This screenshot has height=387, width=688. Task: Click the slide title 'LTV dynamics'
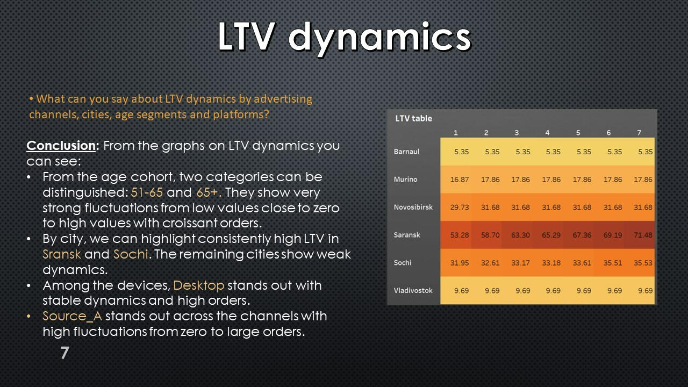(345, 38)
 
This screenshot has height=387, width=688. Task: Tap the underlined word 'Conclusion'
(61, 145)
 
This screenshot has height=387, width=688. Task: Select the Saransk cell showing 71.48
(643, 235)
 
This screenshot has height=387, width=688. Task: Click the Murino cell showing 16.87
(460, 180)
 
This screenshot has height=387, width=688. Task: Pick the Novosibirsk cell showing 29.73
(460, 207)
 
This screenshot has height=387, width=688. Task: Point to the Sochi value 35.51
(612, 263)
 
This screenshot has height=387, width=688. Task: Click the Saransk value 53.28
(460, 235)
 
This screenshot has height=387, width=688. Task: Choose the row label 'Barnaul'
(406, 152)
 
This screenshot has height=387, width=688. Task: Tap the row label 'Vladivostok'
(413, 290)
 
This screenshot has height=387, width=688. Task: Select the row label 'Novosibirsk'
(413, 207)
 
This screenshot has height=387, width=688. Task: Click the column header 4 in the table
(547, 133)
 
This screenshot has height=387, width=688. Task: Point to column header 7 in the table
(639, 133)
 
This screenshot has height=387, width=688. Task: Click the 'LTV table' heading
(413, 118)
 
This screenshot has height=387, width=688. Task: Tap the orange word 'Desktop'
(199, 285)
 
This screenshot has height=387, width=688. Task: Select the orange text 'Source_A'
(72, 317)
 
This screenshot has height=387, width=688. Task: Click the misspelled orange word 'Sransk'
(61, 254)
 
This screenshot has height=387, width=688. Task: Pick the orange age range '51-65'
(147, 192)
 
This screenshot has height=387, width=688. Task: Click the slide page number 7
(64, 352)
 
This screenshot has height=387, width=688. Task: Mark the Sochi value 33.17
(521, 263)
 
